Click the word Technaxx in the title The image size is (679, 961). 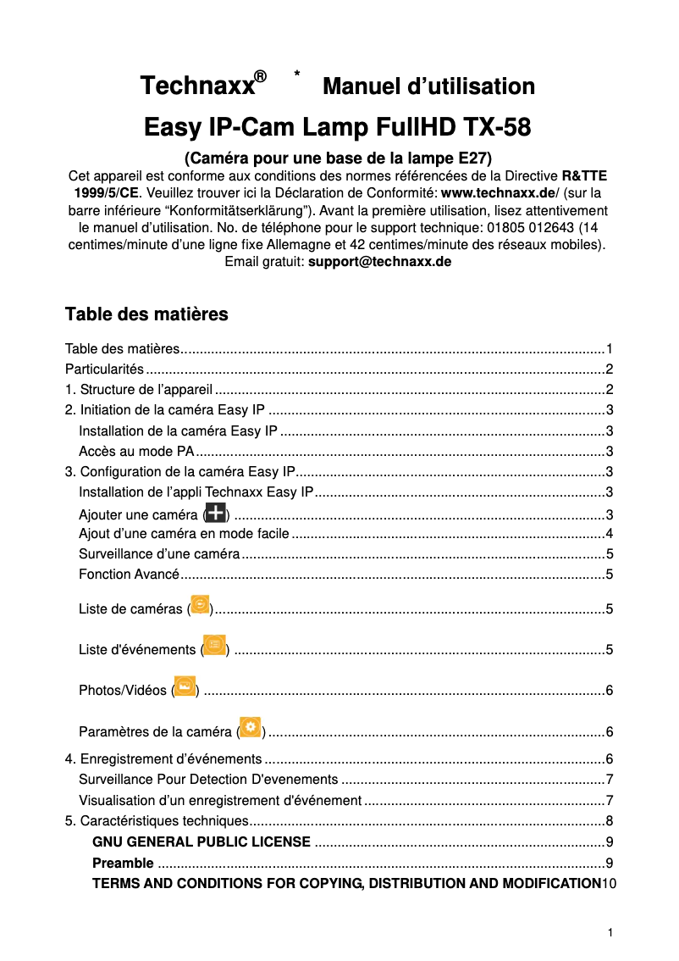196,86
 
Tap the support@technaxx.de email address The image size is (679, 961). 379,262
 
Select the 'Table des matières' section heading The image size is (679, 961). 146,314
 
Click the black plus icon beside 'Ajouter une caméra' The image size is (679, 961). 216,513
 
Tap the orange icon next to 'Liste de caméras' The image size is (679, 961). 201,605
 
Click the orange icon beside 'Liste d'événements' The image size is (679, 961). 215,646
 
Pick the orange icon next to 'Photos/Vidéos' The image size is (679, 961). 185,686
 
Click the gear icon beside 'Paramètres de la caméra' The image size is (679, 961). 251,728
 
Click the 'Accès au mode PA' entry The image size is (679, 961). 136,451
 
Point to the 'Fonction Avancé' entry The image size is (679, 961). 129,575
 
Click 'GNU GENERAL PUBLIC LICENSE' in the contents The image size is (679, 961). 201,842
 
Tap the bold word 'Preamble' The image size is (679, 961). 123,864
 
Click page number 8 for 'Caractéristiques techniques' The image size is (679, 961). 609,821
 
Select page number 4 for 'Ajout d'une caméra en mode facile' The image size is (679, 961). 609,534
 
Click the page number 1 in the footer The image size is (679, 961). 609,933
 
